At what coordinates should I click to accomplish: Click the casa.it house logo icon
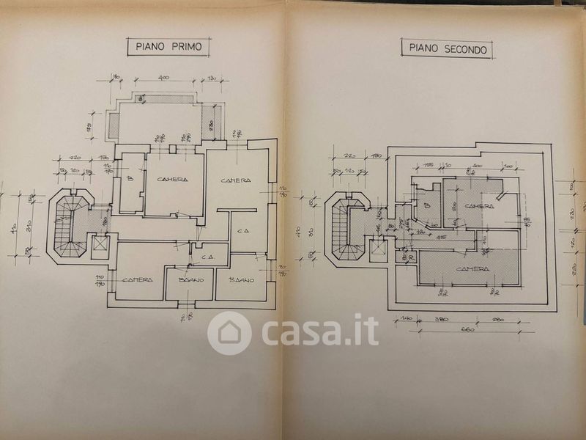(229, 333)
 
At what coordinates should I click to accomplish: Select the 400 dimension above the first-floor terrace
(162, 78)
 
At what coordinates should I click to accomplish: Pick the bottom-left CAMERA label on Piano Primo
(137, 279)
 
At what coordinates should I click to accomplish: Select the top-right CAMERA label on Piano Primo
(236, 180)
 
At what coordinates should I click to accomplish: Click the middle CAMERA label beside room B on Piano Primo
(171, 180)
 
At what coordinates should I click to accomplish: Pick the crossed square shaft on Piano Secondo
(378, 249)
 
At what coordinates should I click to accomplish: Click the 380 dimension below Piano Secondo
(440, 320)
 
